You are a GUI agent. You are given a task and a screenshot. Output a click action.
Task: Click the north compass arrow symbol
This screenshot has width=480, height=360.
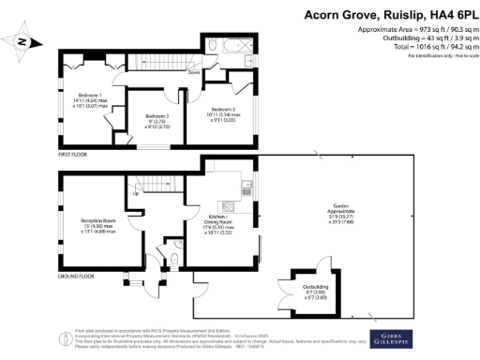pos(26,41)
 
